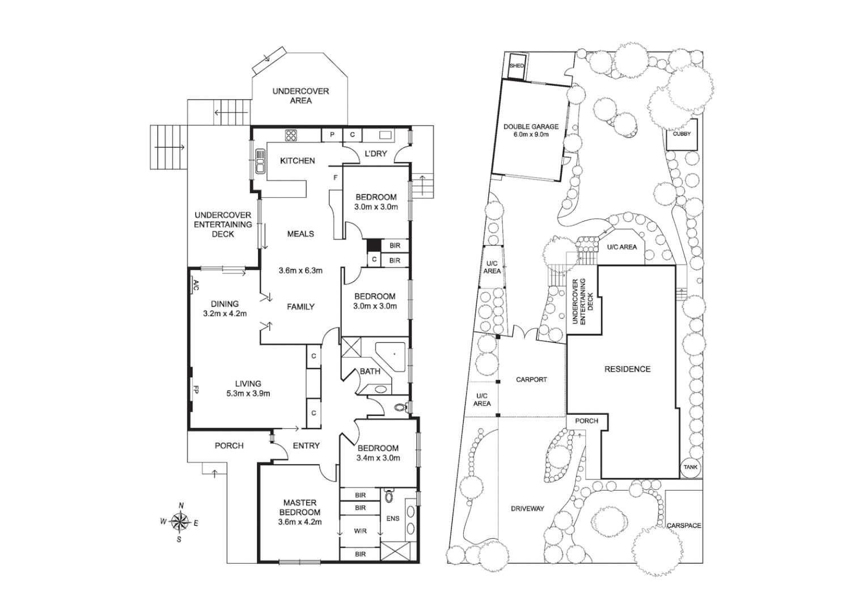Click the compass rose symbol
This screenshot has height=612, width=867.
(180, 521)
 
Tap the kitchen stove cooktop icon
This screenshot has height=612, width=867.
(291, 135)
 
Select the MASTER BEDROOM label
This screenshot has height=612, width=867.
(300, 507)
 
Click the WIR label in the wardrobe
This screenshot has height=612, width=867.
(360, 531)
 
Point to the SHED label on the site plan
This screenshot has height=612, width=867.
(517, 66)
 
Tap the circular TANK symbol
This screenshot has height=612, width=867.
(690, 467)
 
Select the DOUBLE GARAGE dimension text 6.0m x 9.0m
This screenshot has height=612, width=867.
(531, 135)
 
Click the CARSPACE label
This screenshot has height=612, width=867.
(683, 525)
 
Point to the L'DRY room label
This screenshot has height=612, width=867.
(375, 154)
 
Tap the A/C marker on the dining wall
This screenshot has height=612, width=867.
(195, 286)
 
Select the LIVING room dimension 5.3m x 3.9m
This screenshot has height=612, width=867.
(248, 393)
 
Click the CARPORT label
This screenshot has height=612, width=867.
(531, 380)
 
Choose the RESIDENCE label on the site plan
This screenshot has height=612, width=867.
(627, 369)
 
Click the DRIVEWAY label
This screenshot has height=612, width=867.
(527, 508)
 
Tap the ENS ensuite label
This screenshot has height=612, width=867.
(392, 518)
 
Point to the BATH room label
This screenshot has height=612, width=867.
(370, 372)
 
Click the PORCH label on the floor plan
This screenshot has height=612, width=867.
(229, 446)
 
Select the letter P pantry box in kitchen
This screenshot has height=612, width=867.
(332, 135)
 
